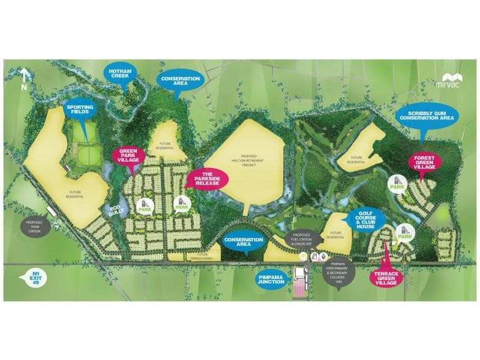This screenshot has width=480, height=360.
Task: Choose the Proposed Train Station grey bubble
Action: [x=34, y=226]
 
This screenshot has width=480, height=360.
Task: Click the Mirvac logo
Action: [x=451, y=81]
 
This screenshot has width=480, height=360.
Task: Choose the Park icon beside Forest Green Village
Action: [x=397, y=182]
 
